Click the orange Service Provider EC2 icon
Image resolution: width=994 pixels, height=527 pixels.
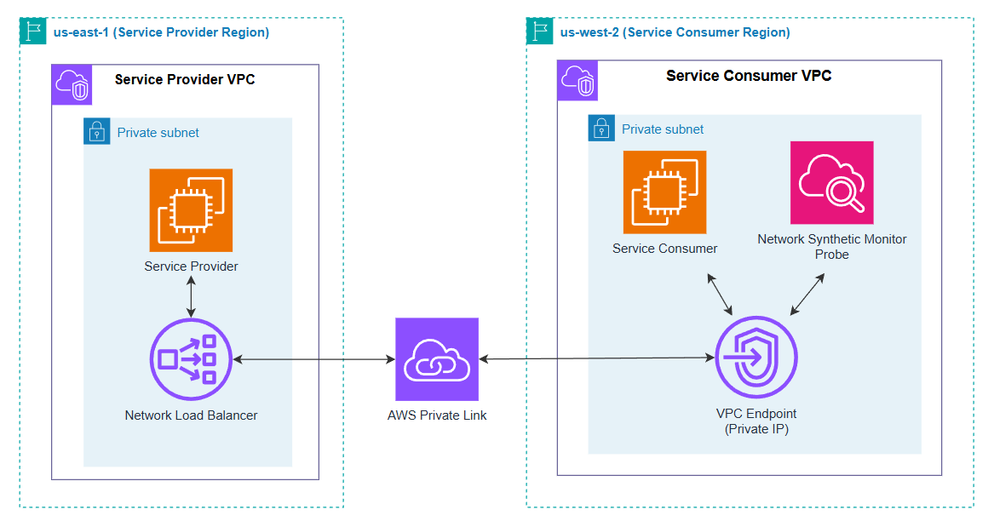coord(191,209)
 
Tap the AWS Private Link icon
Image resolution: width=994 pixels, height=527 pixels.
coord(437,359)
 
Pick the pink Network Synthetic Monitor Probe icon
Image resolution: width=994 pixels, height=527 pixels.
coord(831,183)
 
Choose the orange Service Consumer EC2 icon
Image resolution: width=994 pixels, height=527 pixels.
coord(664,192)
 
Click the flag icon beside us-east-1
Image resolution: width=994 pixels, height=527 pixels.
coord(32,32)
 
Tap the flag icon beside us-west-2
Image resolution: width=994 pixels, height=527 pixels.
coord(539,32)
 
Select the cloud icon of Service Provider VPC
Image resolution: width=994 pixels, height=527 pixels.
coord(72,84)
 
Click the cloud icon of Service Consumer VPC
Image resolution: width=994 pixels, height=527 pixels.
coord(577,81)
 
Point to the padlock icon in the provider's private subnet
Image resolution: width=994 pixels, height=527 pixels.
coord(97,132)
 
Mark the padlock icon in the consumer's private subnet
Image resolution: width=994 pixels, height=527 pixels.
coord(601,129)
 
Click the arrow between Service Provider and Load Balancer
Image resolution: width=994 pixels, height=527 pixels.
coord(191,296)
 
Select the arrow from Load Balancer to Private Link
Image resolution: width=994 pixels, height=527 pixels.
coord(313,360)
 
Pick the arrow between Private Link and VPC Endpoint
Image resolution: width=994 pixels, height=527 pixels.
coord(596,358)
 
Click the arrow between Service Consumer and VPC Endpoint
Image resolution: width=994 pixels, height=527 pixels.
coord(719,295)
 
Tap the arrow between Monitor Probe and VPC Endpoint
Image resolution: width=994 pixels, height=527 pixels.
coord(807,295)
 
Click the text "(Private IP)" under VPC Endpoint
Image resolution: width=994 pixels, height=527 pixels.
coord(756,429)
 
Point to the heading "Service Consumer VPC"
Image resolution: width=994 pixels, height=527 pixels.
coord(749,76)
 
